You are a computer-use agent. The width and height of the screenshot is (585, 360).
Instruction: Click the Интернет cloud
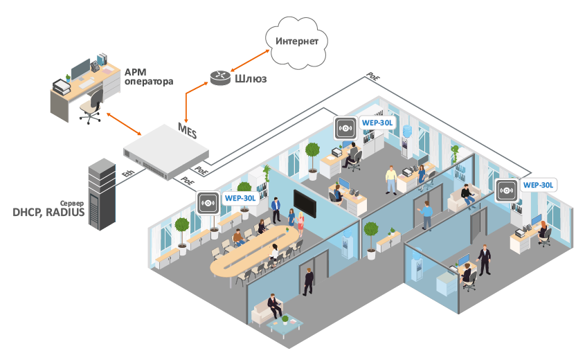click(297, 42)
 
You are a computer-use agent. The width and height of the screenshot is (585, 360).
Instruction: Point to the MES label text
click(187, 129)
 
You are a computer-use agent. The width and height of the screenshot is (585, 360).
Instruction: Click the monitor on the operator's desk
click(80, 69)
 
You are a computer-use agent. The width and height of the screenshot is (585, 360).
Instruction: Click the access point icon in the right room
click(506, 190)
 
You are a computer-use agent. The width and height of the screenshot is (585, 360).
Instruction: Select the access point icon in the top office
click(345, 128)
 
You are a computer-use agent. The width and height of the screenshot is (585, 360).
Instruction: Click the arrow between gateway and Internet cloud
click(249, 59)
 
